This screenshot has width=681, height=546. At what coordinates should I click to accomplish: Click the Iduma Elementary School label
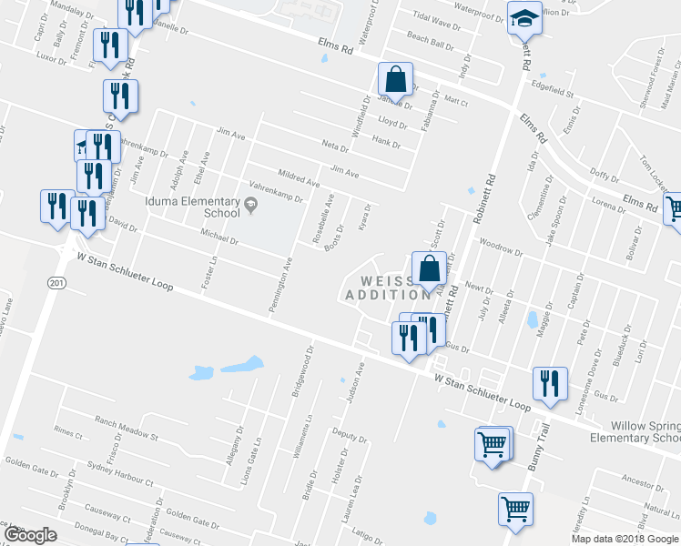point(190,207)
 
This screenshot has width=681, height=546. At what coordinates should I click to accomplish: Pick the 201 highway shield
point(57,284)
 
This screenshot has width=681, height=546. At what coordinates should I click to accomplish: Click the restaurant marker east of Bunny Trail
point(550,383)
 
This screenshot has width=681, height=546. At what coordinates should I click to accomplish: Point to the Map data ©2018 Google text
point(625,539)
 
